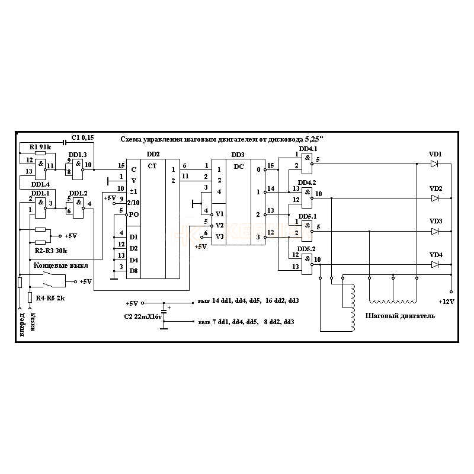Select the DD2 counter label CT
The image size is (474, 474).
[152, 166]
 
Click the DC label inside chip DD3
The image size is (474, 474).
[239, 166]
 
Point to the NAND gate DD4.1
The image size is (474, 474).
[306, 159]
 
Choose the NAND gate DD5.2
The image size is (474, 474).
[306, 260]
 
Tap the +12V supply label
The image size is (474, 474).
[446, 302]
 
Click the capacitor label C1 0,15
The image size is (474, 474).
[82, 137]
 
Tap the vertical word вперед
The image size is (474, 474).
[22, 325]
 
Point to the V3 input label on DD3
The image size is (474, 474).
[220, 236]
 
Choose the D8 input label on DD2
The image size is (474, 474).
[134, 271]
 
